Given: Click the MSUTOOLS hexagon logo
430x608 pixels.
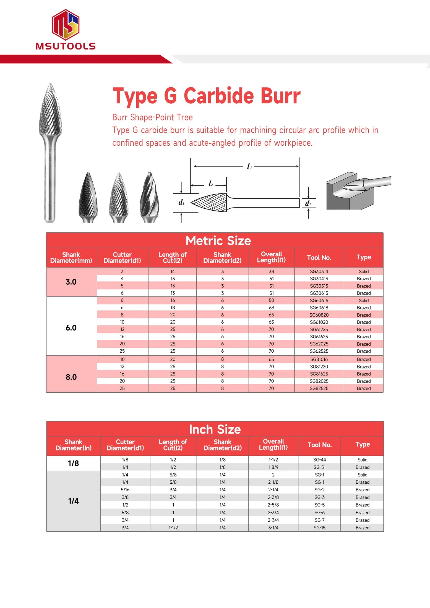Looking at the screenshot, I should point(66,25).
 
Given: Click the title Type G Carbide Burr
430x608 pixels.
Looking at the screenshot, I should point(206,96).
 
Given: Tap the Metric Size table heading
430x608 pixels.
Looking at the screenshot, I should point(218,241).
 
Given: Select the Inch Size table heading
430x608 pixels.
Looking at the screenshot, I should point(215,429).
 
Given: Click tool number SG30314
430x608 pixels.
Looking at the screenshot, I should point(319,271).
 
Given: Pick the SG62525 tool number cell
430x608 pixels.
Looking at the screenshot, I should point(319,351).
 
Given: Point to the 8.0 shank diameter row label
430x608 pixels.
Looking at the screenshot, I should point(71,377).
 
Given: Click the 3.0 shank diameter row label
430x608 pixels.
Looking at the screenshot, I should point(71,282).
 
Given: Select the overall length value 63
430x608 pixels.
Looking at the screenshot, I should point(271,308).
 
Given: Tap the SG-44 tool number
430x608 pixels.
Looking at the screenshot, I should point(319,460).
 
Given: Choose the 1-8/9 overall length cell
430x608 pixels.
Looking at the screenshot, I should point(273,467).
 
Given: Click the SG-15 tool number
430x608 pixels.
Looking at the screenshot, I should point(319,528).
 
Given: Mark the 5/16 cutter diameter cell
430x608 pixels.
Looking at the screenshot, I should point(125,490).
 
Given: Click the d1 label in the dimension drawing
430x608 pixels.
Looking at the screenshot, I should point(181,203).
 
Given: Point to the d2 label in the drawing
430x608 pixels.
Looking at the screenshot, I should point(308,204).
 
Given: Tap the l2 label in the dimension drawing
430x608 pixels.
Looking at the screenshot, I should point(211,184).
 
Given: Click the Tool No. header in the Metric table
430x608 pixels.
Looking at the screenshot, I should point(319,258).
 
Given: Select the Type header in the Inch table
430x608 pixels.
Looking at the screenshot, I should point(362,444).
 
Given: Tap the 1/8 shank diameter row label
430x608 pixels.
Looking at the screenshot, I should point(73,463).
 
